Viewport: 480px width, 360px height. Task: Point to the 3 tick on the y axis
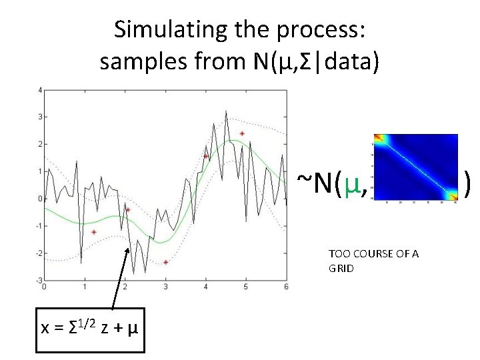pos(39,117)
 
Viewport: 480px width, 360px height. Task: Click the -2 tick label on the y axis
pos(37,253)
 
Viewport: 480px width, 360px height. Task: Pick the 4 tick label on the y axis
pos(39,89)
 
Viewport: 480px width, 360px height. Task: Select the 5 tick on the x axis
pos(245,287)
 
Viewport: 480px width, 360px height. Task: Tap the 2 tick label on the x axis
pos(125,287)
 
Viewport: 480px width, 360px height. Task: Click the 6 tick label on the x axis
pos(285,287)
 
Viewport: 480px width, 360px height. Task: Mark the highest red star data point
pos(242,133)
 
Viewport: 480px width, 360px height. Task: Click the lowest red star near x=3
pos(165,262)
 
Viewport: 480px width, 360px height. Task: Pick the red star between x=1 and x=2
pos(94,232)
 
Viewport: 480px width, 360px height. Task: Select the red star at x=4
pos(206,156)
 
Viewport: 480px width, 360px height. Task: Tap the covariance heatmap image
pos(415,167)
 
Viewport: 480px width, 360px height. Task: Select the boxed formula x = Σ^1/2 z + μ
pos(89,327)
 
